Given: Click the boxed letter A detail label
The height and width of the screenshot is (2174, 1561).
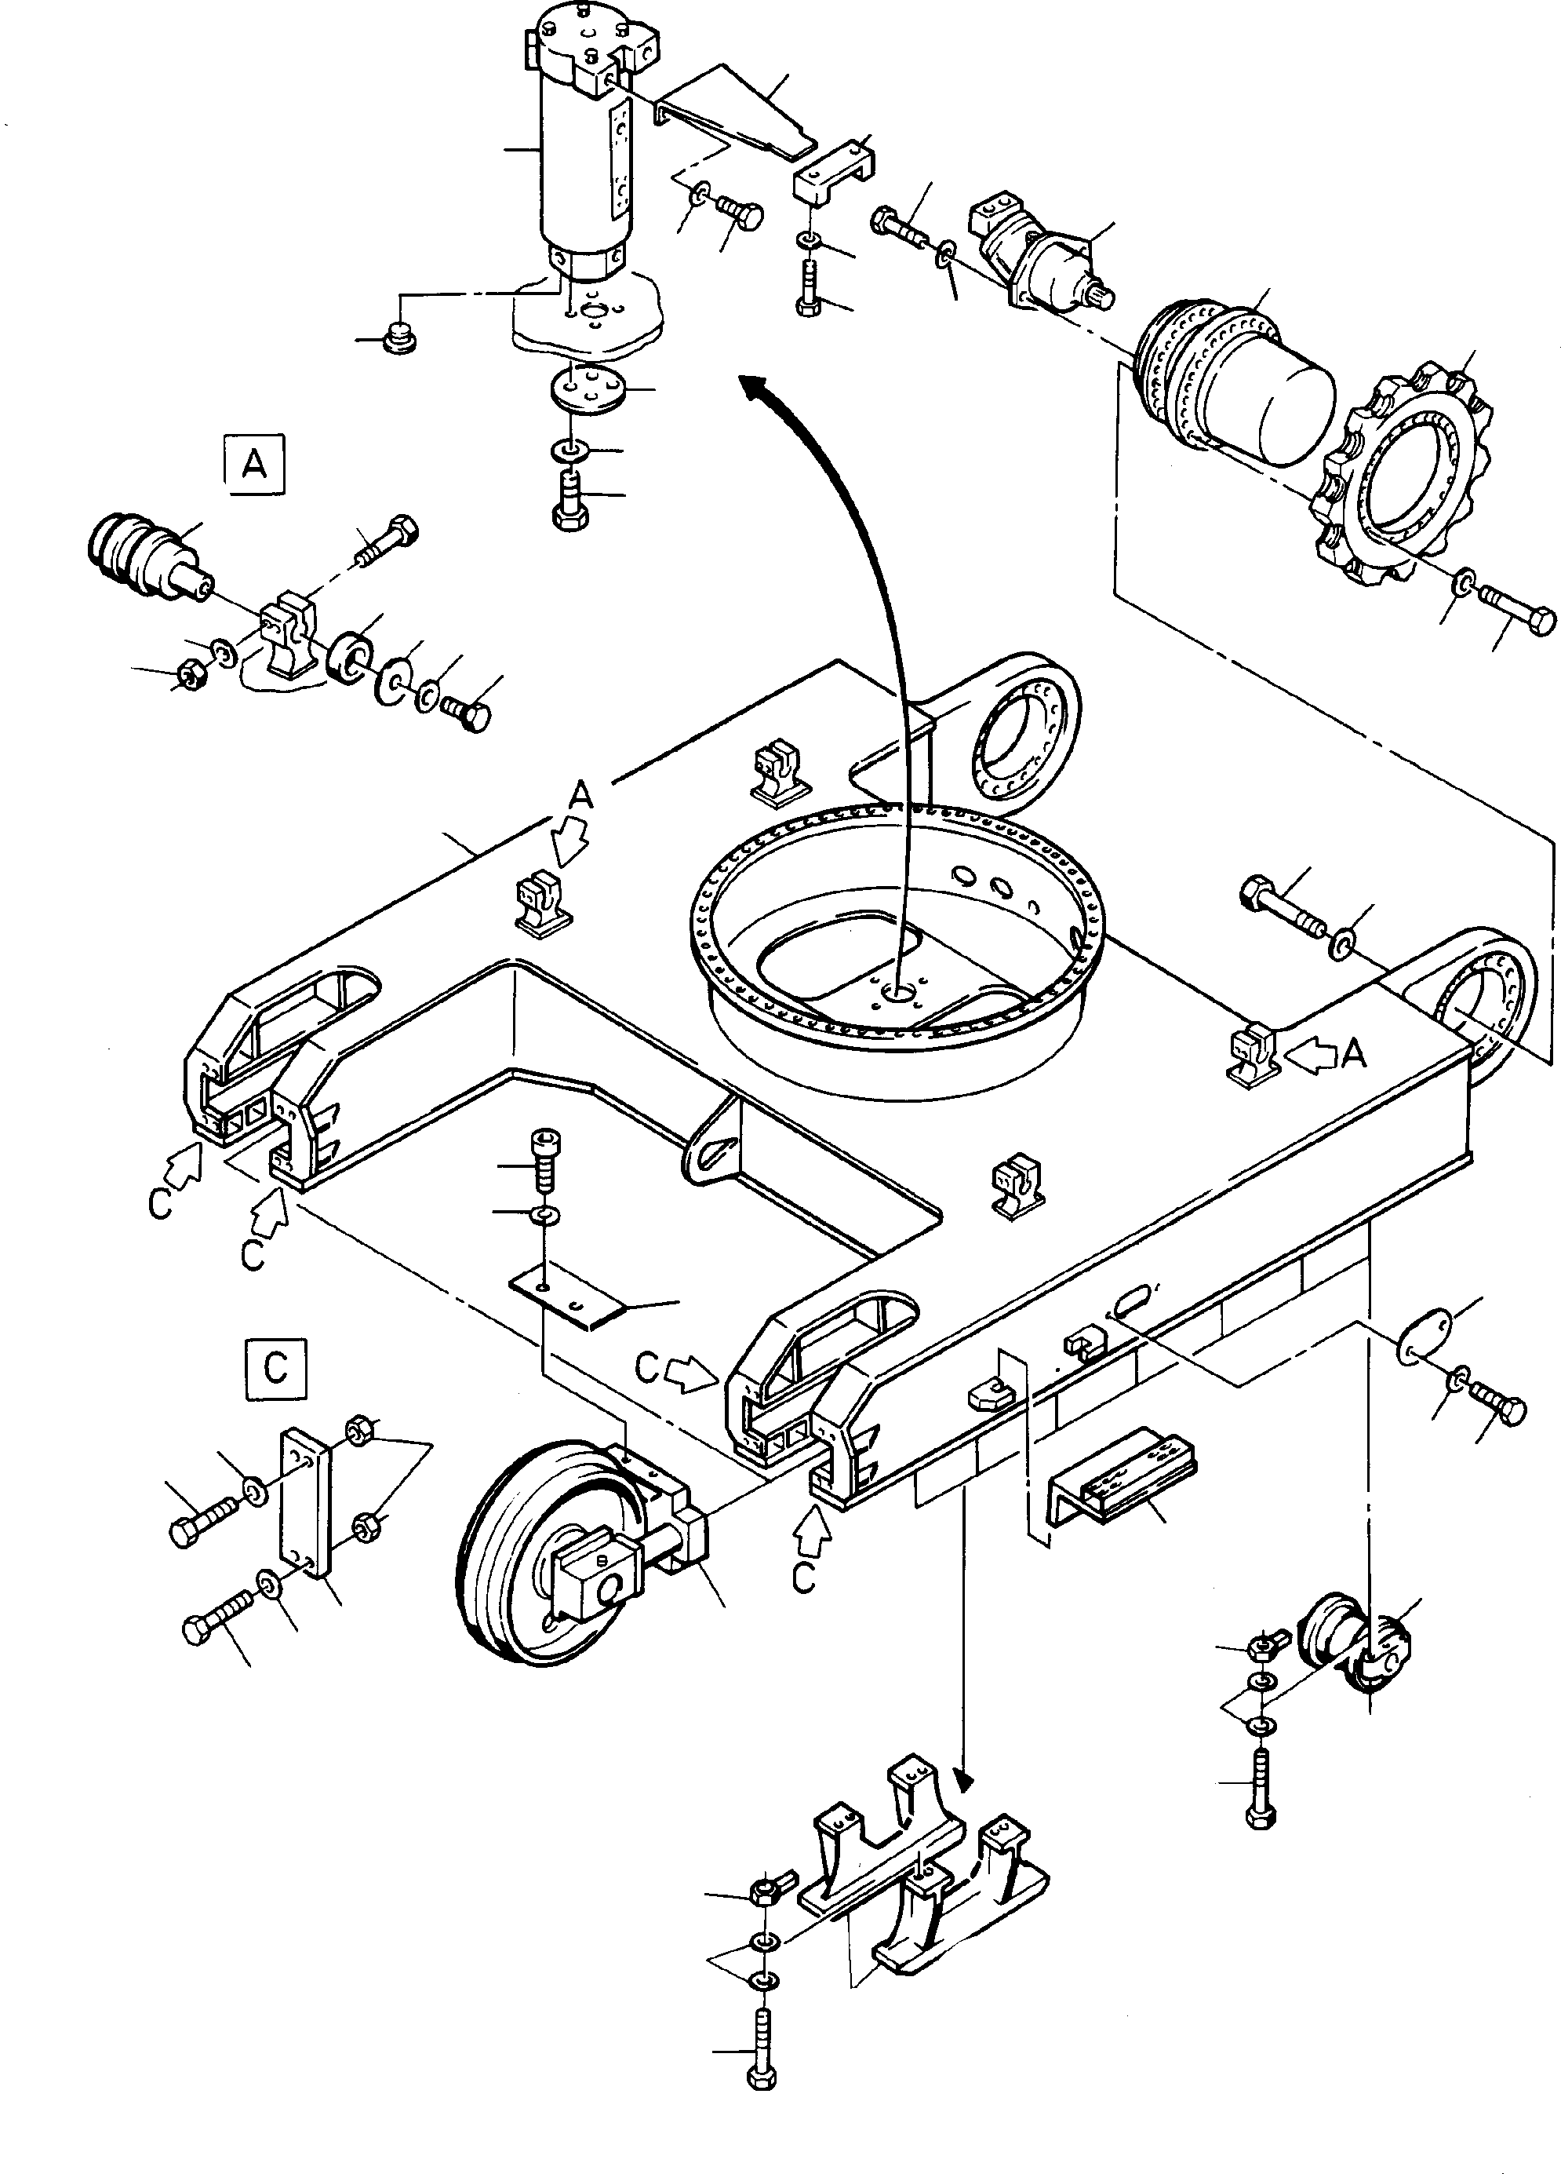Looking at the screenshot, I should tap(255, 465).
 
